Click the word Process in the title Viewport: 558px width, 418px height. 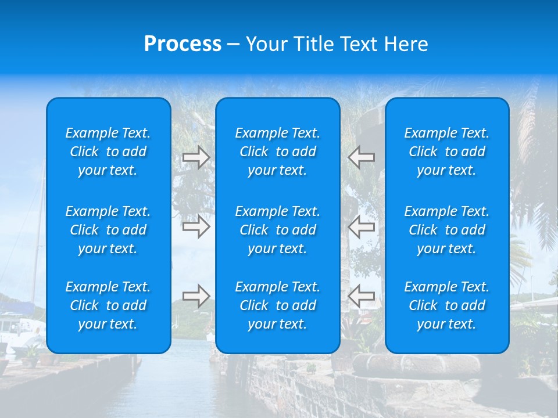coord(183,44)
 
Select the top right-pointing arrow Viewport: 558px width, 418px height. coord(196,157)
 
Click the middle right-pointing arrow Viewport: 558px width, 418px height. coord(196,226)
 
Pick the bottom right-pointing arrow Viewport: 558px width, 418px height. coord(196,296)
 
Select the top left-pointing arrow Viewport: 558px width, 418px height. coord(362,157)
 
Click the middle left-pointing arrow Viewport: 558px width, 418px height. coord(362,226)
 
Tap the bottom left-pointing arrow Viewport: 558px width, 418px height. coord(362,296)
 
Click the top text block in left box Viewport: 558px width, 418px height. coord(108,152)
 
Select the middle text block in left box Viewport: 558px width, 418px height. coord(108,230)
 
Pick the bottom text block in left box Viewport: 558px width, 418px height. coord(108,305)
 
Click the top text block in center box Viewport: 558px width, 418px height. coord(277,152)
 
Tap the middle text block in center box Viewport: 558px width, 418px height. coord(277,230)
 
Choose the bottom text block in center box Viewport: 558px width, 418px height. coord(277,305)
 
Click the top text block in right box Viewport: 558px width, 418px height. coord(446,152)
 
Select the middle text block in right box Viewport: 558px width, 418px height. coord(446,230)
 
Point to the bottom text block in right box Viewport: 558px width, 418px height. coord(446,305)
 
